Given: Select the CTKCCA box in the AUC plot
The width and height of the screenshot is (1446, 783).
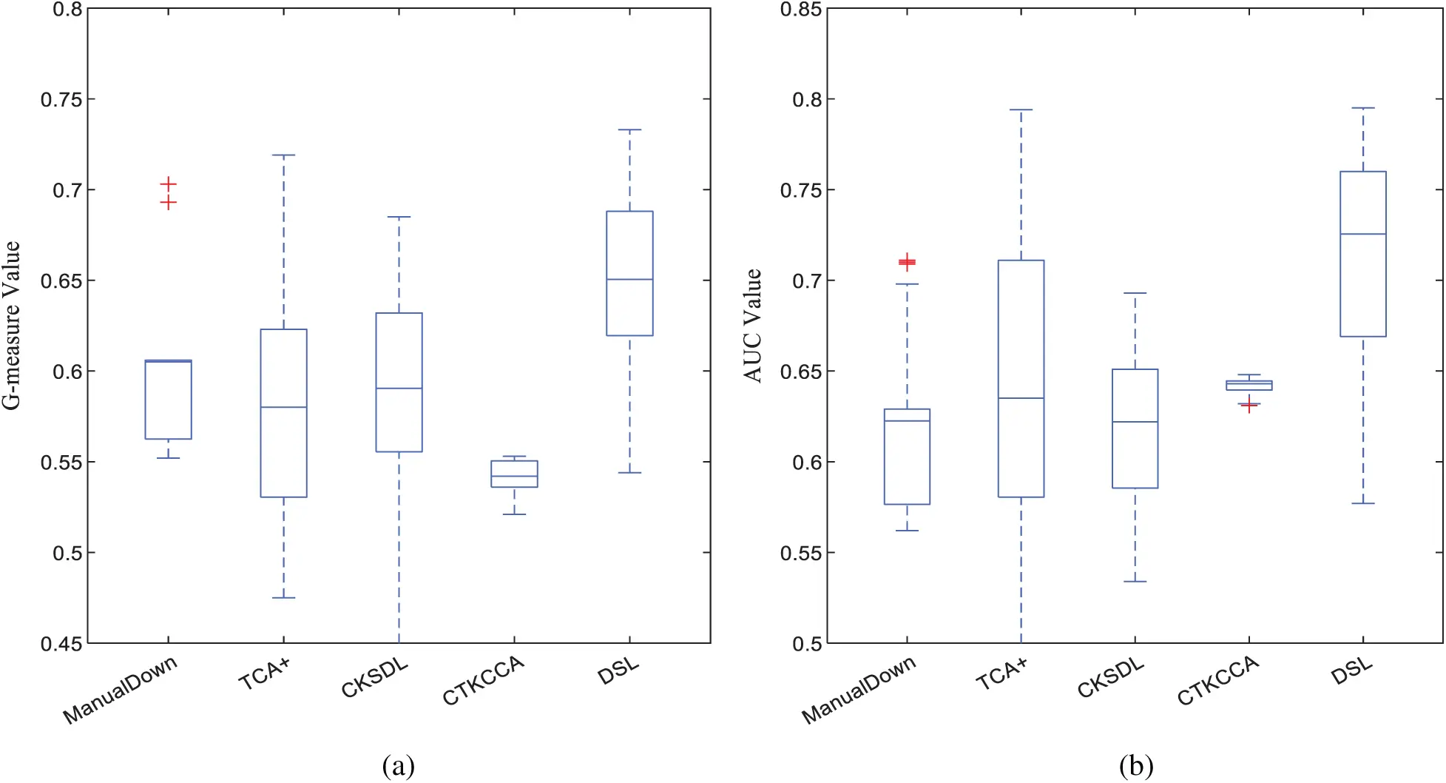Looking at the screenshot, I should [1249, 385].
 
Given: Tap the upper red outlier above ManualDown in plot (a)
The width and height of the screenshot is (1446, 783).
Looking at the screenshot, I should [169, 184].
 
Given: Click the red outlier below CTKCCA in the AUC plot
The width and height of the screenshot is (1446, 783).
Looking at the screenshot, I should [1249, 405].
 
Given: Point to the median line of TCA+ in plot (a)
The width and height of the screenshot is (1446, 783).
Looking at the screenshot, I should [283, 407].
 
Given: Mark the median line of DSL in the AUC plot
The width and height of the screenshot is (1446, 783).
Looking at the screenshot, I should [1362, 234].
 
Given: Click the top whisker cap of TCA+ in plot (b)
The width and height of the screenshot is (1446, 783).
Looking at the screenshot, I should [1021, 110].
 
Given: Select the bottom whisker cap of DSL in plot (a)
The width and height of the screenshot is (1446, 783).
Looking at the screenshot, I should [629, 472].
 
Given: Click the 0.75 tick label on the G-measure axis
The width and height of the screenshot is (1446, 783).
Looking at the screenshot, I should [61, 100].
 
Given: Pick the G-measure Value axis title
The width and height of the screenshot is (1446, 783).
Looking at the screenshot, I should [12, 326].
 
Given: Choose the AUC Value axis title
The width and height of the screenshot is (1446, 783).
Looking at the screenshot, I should [752, 326].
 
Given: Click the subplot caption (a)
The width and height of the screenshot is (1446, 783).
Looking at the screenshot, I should [398, 765].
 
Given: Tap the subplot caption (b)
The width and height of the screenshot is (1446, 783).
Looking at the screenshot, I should [1135, 765].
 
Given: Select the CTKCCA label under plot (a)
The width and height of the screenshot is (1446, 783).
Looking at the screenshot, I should [483, 680].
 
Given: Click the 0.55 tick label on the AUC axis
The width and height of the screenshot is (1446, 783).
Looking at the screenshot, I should [800, 554].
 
